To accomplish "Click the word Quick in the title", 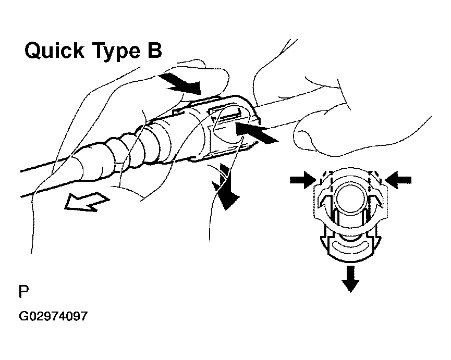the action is point(55,51).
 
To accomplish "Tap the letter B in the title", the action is point(155,51).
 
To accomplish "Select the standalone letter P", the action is point(23,291).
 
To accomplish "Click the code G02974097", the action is point(53,316).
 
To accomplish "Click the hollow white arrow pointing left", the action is point(87,202).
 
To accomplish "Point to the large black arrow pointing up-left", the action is point(255,132).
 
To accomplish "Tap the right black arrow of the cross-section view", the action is point(398,180).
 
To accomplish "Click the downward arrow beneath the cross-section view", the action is point(350,279).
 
